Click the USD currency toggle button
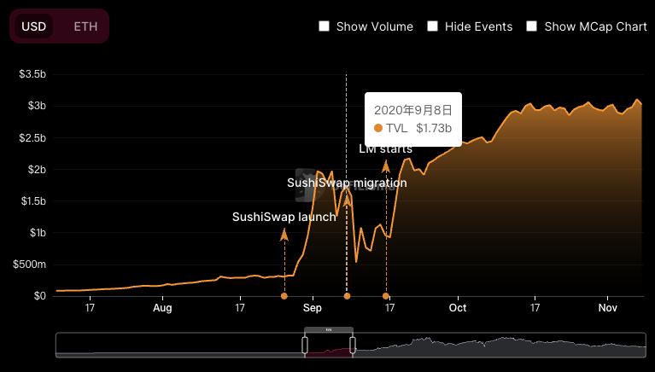pyautogui.click(x=33, y=26)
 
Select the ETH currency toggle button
pyautogui.click(x=85, y=26)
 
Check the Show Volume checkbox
pyautogui.click(x=325, y=26)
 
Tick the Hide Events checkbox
pyautogui.click(x=433, y=26)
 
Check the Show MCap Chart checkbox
pyautogui.click(x=532, y=26)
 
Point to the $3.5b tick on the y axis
pyautogui.click(x=32, y=74)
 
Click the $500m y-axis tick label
pyautogui.click(x=30, y=264)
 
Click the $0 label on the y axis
pyautogui.click(x=39, y=296)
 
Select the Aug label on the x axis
pyautogui.click(x=162, y=308)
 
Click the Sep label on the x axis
pyautogui.click(x=312, y=308)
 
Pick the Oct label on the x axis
pyautogui.click(x=458, y=308)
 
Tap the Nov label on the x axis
pyautogui.click(x=607, y=308)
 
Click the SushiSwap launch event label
pyautogui.click(x=284, y=217)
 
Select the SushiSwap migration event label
pyautogui.click(x=347, y=183)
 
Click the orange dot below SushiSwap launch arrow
pyautogui.click(x=284, y=296)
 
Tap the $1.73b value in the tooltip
pyautogui.click(x=434, y=128)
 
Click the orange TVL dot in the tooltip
pyautogui.click(x=378, y=128)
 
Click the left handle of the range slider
pyautogui.click(x=305, y=345)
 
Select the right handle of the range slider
pyautogui.click(x=352, y=345)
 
